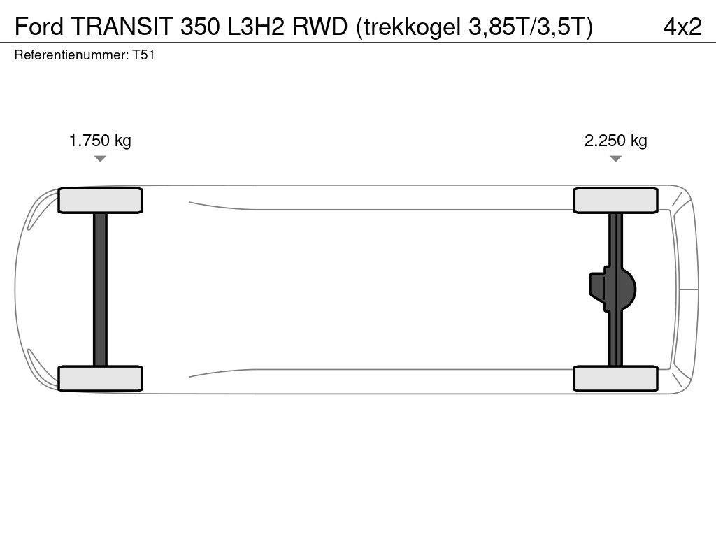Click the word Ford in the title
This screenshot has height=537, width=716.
pyautogui.click(x=39, y=27)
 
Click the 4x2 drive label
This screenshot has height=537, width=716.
pyautogui.click(x=682, y=27)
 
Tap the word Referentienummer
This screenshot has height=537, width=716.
pyautogui.click(x=71, y=56)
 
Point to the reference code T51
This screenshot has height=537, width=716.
pyautogui.click(x=143, y=56)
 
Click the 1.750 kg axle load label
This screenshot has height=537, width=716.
pyautogui.click(x=100, y=141)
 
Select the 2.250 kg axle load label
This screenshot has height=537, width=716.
pyautogui.click(x=615, y=141)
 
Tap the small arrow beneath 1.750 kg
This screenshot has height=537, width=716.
pyautogui.click(x=100, y=159)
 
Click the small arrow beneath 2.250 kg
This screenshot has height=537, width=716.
pyautogui.click(x=615, y=159)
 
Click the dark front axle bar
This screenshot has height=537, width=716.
pyautogui.click(x=100, y=289)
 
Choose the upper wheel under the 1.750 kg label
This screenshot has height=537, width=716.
pyautogui.click(x=100, y=201)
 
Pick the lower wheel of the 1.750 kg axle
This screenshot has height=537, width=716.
pyautogui.click(x=100, y=378)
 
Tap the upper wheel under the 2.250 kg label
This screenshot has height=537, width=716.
pyautogui.click(x=615, y=201)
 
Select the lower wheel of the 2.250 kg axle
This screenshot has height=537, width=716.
pyautogui.click(x=615, y=378)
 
